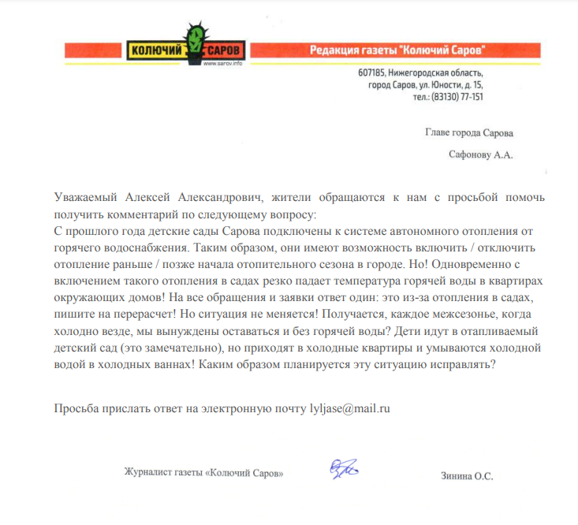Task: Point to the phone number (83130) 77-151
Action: [455, 96]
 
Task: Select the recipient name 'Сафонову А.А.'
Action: [480, 155]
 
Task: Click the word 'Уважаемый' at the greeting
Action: [85, 197]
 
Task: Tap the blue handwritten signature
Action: [344, 470]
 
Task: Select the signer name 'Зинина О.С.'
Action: [467, 475]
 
